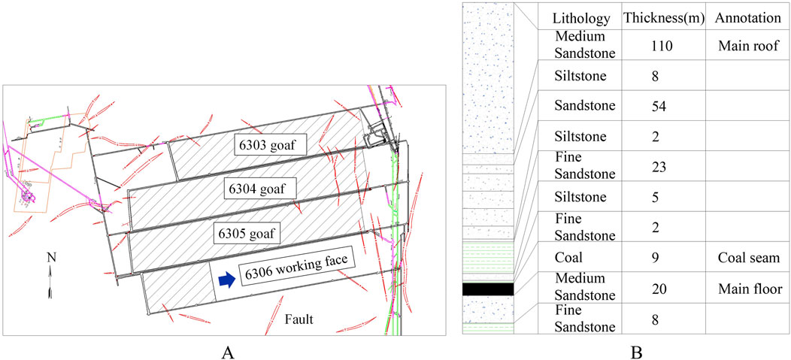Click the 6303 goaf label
pyautogui.click(x=268, y=147)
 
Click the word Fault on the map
pyautogui.click(x=298, y=320)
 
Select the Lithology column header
pyautogui.click(x=579, y=17)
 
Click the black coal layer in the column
pyautogui.click(x=487, y=289)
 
